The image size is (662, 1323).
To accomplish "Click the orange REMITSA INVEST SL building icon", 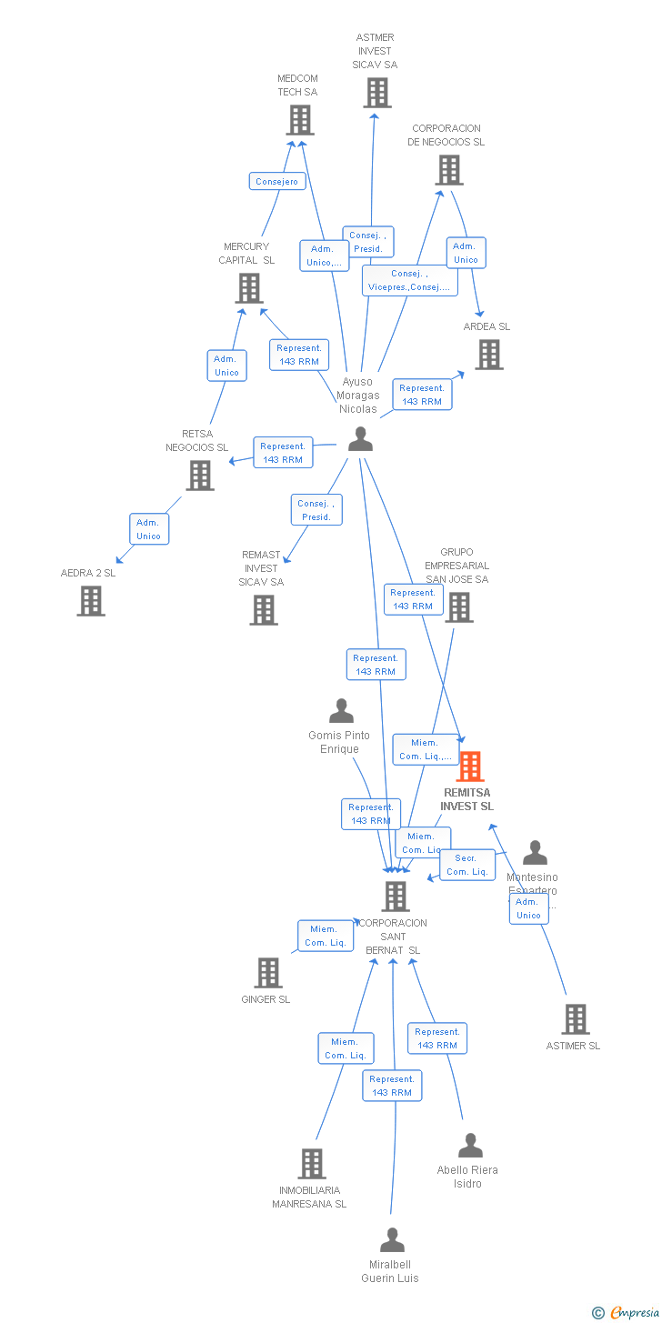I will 469,767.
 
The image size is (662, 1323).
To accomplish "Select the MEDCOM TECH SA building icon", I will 300,120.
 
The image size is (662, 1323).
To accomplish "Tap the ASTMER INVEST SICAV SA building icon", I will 377,93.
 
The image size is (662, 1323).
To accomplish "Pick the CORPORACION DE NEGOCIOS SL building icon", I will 448,170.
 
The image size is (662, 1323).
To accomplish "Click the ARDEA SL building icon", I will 488,355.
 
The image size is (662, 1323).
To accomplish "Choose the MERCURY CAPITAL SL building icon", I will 248,288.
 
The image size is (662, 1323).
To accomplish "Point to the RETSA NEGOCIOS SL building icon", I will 199,475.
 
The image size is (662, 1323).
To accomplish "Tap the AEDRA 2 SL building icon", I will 91,601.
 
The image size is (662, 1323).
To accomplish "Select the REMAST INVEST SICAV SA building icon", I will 264,609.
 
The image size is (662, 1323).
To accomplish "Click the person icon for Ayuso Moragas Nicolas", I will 361,439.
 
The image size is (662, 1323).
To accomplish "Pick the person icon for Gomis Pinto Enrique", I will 341,711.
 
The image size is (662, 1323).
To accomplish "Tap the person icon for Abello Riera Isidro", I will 470,1146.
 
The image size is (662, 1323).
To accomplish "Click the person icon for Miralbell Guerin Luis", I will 392,1240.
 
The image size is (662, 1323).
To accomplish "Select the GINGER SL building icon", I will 267,973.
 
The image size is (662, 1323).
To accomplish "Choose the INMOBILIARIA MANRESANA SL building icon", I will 312,1164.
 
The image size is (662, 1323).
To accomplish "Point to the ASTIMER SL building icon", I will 575,1019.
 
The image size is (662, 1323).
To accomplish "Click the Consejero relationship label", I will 276,182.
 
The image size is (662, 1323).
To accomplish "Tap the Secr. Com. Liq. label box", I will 467,865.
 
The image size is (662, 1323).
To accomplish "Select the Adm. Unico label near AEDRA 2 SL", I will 148,529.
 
